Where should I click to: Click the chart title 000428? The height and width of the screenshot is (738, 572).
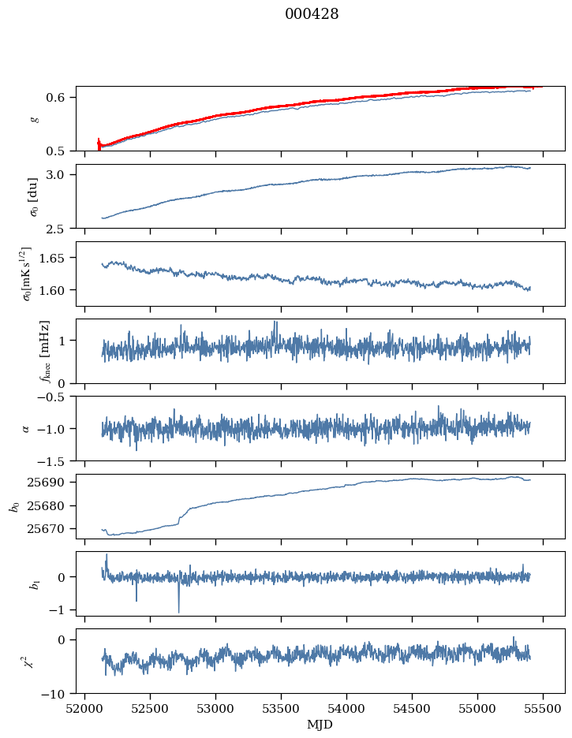[x=312, y=14]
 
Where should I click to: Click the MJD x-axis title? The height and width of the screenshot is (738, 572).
[x=320, y=724]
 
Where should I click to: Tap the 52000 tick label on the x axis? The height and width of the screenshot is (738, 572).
[x=85, y=707]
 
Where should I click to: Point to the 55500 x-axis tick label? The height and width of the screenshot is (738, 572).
[x=543, y=707]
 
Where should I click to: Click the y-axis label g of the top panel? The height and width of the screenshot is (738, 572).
[x=33, y=118]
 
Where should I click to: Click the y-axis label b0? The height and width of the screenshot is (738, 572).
[x=14, y=506]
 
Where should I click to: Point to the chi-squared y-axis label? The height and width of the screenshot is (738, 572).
[x=27, y=661]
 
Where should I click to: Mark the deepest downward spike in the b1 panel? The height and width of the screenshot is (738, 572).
[x=178, y=611]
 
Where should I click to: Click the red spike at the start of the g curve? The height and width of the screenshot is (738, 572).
[x=99, y=143]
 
